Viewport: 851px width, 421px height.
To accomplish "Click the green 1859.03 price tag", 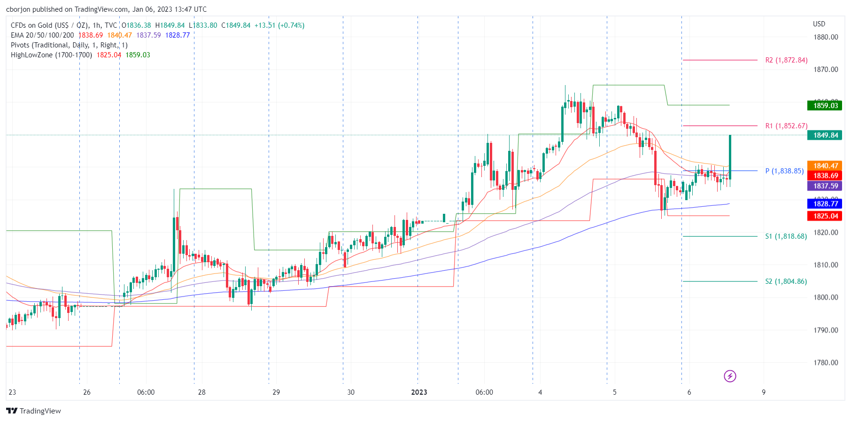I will click(825, 106).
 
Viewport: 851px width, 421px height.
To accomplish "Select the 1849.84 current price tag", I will click(825, 135).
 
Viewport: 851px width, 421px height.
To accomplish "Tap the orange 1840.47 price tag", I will click(825, 166).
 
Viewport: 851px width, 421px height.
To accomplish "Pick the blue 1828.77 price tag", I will click(825, 204).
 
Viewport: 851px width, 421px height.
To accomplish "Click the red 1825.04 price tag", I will click(825, 216).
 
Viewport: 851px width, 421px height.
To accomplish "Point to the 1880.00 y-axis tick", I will click(826, 37).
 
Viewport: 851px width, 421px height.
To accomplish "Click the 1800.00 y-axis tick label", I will click(826, 297).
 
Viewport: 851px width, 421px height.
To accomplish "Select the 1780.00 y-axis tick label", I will click(826, 363).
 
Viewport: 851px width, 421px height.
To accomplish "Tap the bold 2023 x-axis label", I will click(419, 392).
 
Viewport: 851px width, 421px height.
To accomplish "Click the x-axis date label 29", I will click(276, 392).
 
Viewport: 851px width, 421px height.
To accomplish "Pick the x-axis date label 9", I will click(764, 392).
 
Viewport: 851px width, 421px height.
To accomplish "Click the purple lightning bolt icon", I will click(730, 376).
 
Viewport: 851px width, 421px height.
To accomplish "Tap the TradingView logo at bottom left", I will click(34, 411).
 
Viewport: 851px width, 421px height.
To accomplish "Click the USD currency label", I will click(819, 24).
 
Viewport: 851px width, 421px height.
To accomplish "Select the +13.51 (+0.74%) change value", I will click(279, 25).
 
